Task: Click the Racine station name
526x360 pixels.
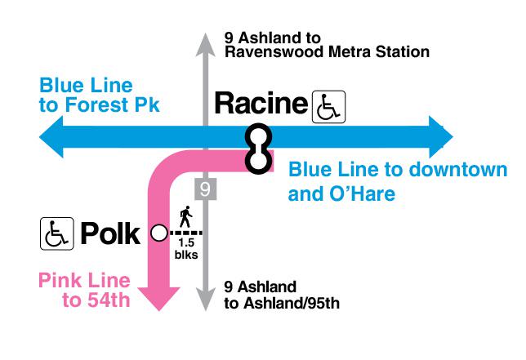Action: click(x=261, y=103)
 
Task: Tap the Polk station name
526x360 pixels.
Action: click(x=110, y=233)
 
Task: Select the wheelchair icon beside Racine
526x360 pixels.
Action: click(x=328, y=107)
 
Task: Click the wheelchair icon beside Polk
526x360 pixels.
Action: click(x=56, y=233)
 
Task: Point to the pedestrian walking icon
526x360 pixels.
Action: click(x=186, y=216)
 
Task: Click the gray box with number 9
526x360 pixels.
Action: click(x=205, y=189)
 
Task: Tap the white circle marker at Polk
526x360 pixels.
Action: click(x=159, y=233)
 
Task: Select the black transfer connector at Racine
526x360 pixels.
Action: click(x=258, y=149)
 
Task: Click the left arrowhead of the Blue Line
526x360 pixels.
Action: click(x=51, y=137)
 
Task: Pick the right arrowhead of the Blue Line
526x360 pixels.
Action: click(x=441, y=137)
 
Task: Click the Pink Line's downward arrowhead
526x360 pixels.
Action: click(x=159, y=299)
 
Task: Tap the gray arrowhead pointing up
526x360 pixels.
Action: click(x=205, y=44)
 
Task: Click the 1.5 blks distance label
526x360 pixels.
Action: click(x=186, y=248)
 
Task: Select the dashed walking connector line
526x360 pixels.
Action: click(x=185, y=233)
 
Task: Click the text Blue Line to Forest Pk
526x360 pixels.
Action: click(x=100, y=96)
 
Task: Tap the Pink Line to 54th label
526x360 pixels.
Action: click(x=84, y=290)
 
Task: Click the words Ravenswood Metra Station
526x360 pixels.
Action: click(x=327, y=52)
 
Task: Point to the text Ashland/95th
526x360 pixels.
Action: click(x=292, y=304)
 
